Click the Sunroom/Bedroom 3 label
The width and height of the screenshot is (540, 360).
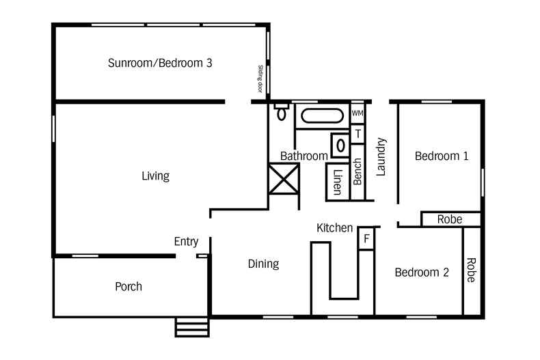[160, 64]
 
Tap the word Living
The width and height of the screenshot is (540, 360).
[155, 176]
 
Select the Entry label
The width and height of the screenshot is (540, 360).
[186, 241]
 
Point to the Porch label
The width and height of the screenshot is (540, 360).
[129, 286]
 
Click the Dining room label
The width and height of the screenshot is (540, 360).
[263, 264]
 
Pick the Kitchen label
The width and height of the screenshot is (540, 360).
[334, 227]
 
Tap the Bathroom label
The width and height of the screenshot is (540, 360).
[303, 156]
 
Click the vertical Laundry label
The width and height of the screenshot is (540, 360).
[381, 157]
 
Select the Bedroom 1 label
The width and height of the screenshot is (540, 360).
[442, 156]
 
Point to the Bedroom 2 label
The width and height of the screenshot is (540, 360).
[422, 272]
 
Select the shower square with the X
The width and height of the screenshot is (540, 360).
[282, 179]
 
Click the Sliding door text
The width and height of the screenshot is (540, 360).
[260, 79]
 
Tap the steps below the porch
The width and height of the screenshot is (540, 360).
[192, 327]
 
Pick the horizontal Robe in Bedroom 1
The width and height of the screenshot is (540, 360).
[450, 219]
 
